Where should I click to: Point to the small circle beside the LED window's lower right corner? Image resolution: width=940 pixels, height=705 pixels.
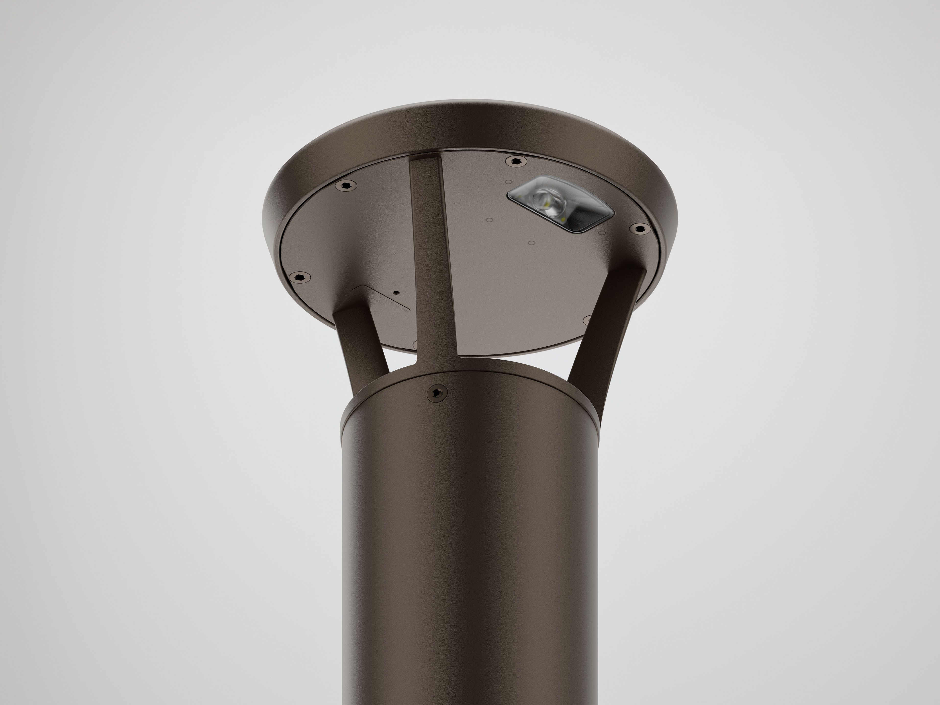coord(602,233)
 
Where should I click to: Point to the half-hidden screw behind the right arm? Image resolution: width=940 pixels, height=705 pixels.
coord(588,318)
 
